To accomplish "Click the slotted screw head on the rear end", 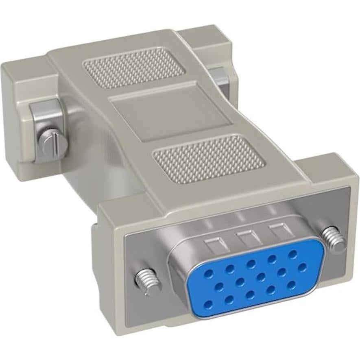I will pyautogui.click(x=51, y=140).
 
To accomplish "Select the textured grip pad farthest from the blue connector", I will pyautogui.click(x=132, y=68).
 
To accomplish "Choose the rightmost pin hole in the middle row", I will pyautogui.click(x=302, y=266).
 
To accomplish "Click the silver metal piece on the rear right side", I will pyautogui.click(x=220, y=77).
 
